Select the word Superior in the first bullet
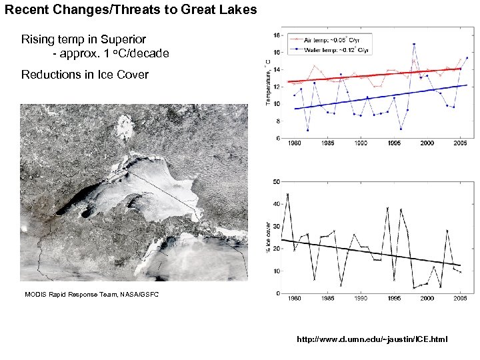[123, 40]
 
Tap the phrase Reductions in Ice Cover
[85, 74]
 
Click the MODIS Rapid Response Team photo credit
[91, 294]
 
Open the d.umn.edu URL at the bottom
[373, 339]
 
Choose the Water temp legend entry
[339, 49]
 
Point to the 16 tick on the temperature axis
[275, 52]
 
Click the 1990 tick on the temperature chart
[361, 143]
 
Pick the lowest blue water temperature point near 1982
[307, 130]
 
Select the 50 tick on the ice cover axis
[276, 181]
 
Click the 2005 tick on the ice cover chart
[460, 298]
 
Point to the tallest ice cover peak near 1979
[287, 194]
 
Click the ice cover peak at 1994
[387, 208]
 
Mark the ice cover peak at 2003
[447, 231]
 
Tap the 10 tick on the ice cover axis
[276, 271]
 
